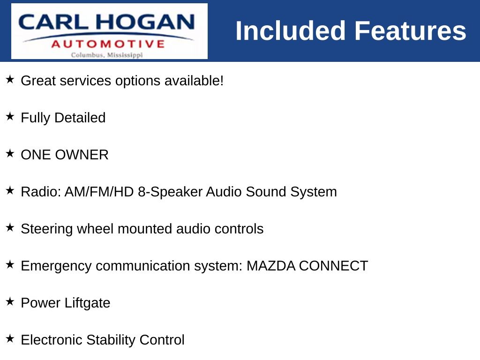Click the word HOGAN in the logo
pos(145,22)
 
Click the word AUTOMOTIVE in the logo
pos(108,44)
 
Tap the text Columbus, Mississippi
pos(107,55)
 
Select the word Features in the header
pos(410,30)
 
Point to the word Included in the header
pos(291,30)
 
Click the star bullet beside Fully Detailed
pos(10,116)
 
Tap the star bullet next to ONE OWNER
pos(10,153)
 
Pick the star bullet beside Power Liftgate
pos(10,301)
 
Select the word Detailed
pos(80,118)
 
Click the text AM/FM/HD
pos(99,192)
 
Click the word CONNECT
pos(333,266)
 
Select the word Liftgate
pos(87,303)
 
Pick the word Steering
pos(46,229)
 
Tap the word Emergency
pos(56,266)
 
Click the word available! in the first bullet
pos(194,81)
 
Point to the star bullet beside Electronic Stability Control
pos(10,338)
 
